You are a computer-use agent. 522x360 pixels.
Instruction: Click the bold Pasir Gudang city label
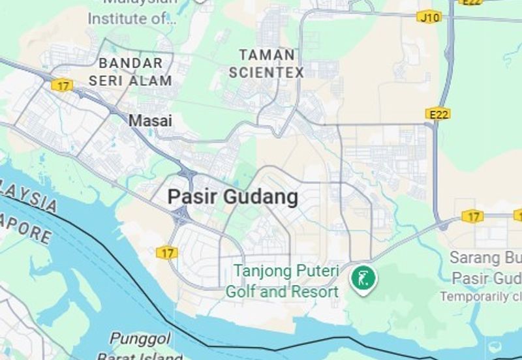pyautogui.click(x=233, y=196)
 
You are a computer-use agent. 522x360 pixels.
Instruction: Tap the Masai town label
pyautogui.click(x=150, y=121)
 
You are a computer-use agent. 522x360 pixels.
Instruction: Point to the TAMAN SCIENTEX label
pyautogui.click(x=266, y=63)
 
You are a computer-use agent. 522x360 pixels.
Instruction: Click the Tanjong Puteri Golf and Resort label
pyautogui.click(x=282, y=280)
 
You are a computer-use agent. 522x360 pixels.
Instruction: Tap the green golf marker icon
pyautogui.click(x=363, y=278)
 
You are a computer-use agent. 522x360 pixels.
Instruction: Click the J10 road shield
pyautogui.click(x=429, y=17)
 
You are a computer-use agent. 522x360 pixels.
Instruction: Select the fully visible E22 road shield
pyautogui.click(x=437, y=114)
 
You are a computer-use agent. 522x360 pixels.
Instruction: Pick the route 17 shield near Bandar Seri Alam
pyautogui.click(x=62, y=85)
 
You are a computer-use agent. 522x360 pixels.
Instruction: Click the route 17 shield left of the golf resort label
pyautogui.click(x=167, y=252)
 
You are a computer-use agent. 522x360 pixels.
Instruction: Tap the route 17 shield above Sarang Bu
pyautogui.click(x=472, y=216)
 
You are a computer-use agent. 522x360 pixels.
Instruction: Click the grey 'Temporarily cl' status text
pyautogui.click(x=480, y=296)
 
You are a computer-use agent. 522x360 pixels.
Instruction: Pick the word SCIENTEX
pyautogui.click(x=266, y=72)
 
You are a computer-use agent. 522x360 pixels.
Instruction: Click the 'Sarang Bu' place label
pyautogui.click(x=485, y=258)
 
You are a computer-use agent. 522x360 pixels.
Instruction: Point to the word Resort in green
pyautogui.click(x=313, y=291)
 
